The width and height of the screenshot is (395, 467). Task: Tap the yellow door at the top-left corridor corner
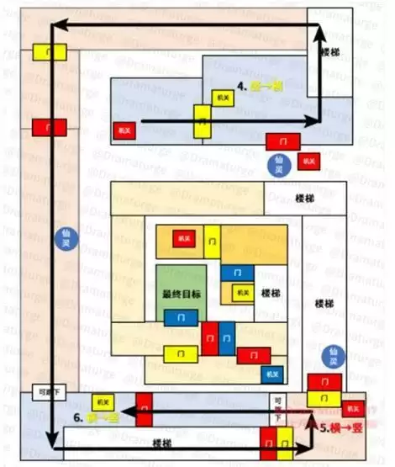tap(50, 51)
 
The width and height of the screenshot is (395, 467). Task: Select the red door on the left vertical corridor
tap(50, 128)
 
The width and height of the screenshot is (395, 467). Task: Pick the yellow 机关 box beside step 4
tap(222, 98)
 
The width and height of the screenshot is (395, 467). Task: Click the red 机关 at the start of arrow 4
tap(124, 131)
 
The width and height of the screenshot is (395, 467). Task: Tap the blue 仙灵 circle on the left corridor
tap(60, 236)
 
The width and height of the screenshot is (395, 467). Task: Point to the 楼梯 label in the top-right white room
tap(331, 51)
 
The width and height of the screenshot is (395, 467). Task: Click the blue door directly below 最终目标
tap(182, 317)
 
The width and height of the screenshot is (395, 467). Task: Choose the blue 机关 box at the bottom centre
tap(270, 374)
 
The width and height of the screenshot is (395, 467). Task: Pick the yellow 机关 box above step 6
tap(103, 402)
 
